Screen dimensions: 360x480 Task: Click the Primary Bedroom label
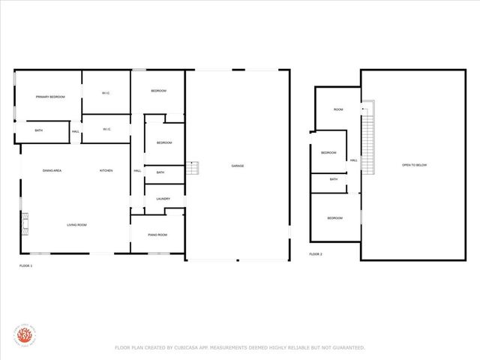[x=51, y=97]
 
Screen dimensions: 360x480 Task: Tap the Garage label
[x=237, y=166]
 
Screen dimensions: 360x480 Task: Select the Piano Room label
[x=157, y=235]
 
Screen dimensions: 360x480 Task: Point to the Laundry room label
[x=163, y=199]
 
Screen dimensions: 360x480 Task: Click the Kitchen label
[x=106, y=171]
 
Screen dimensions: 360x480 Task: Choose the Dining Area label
[x=52, y=171]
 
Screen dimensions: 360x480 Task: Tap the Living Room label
[x=78, y=225]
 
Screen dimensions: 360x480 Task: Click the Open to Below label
[x=414, y=165]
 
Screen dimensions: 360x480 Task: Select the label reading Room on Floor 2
[x=338, y=109]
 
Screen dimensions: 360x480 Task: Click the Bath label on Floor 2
[x=334, y=179]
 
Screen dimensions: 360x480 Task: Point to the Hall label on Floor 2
[x=352, y=160]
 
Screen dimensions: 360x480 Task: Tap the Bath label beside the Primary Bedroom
[x=38, y=131]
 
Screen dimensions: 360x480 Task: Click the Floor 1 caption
[x=25, y=265]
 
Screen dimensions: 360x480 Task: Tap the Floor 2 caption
[x=316, y=254]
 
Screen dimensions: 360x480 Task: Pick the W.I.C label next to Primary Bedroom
[x=106, y=93]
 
